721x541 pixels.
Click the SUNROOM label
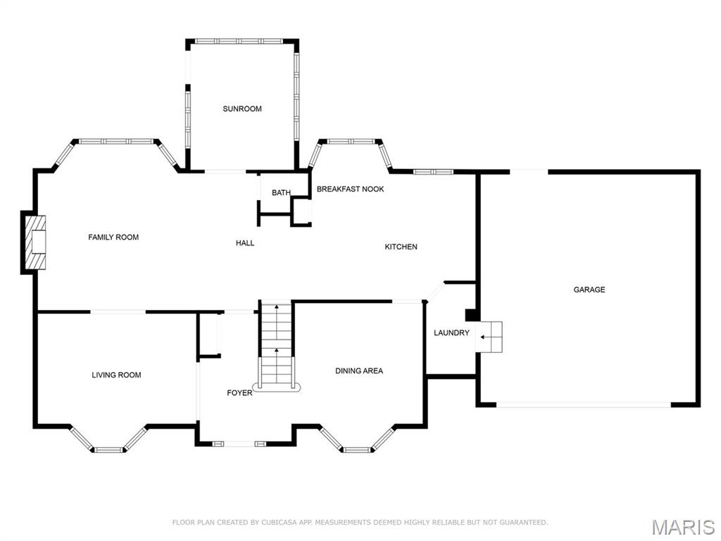pos(242,108)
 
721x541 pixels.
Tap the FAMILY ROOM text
pos(113,237)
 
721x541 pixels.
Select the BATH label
pos(281,193)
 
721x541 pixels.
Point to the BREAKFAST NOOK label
pos(350,189)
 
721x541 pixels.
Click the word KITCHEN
pos(401,247)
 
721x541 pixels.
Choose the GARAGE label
pos(589,290)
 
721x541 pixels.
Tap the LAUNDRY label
pos(451,333)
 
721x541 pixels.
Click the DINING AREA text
pos(359,371)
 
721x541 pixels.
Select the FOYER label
pos(239,392)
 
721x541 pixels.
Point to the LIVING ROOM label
pos(116,375)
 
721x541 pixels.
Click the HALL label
pos(245,243)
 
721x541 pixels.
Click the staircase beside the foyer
pos(276,345)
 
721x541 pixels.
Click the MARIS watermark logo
pos(682,527)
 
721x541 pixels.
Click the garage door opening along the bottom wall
pos(584,404)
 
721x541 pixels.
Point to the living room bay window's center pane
pos(108,449)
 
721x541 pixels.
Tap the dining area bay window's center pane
pos(357,449)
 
